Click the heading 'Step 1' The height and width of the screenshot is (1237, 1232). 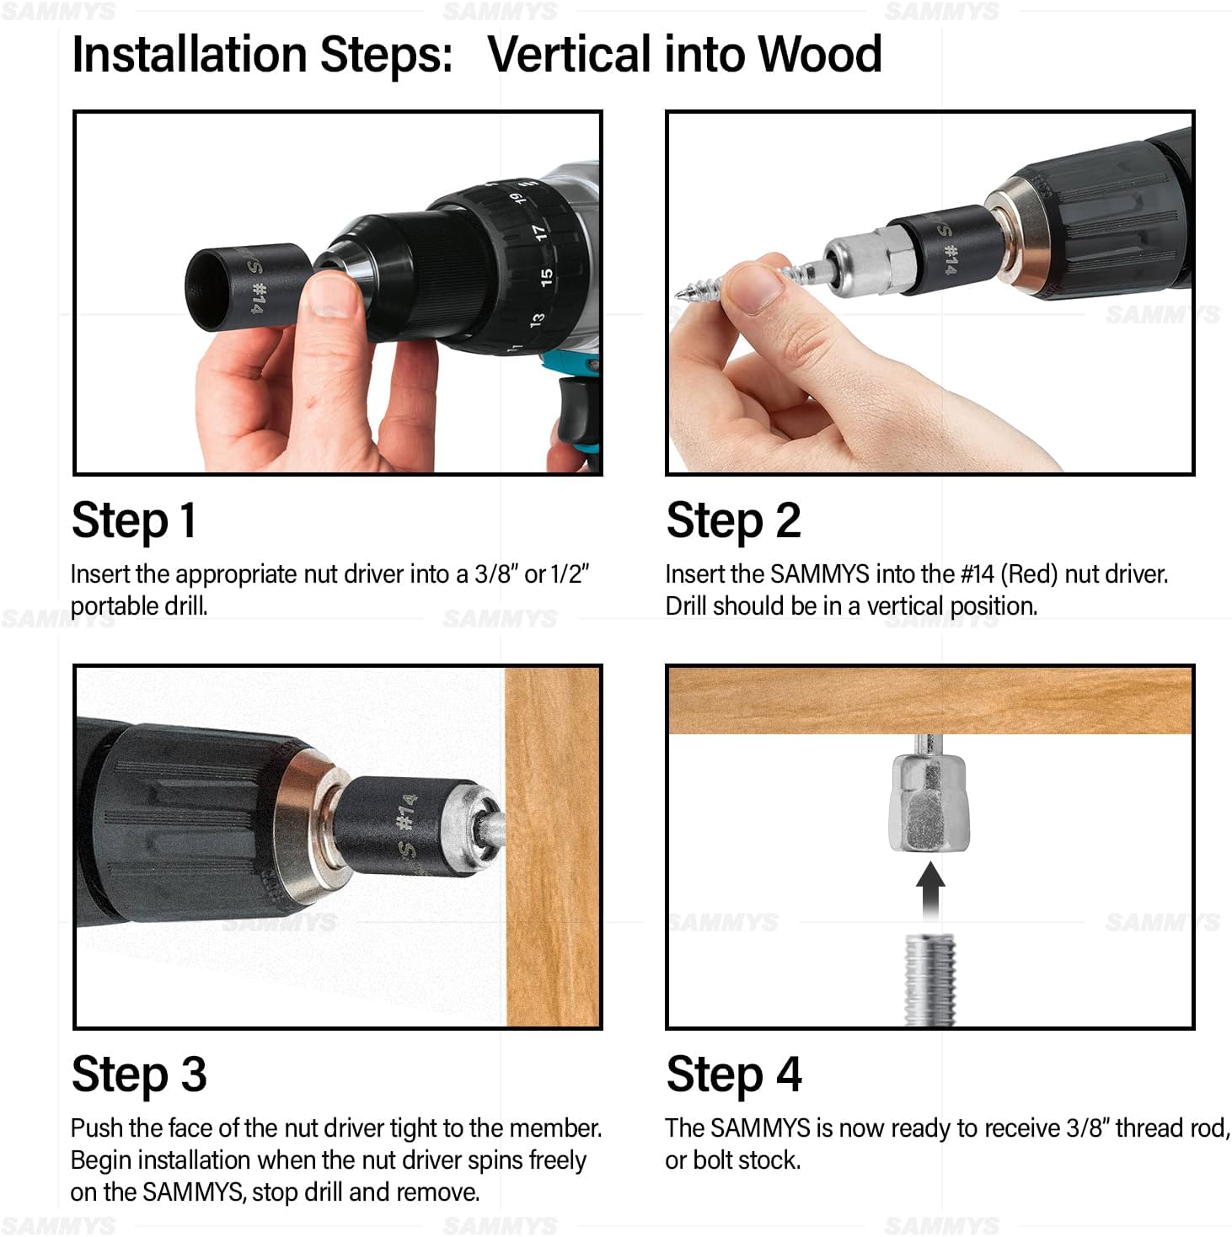(134, 520)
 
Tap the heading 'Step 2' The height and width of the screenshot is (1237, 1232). (732, 520)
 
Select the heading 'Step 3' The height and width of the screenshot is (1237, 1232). (139, 1074)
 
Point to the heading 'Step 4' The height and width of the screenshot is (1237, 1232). (733, 1074)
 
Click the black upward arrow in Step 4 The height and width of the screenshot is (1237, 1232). (929, 891)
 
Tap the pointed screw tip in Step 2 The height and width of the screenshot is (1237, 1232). (681, 294)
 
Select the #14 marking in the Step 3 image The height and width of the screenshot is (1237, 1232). (407, 811)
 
